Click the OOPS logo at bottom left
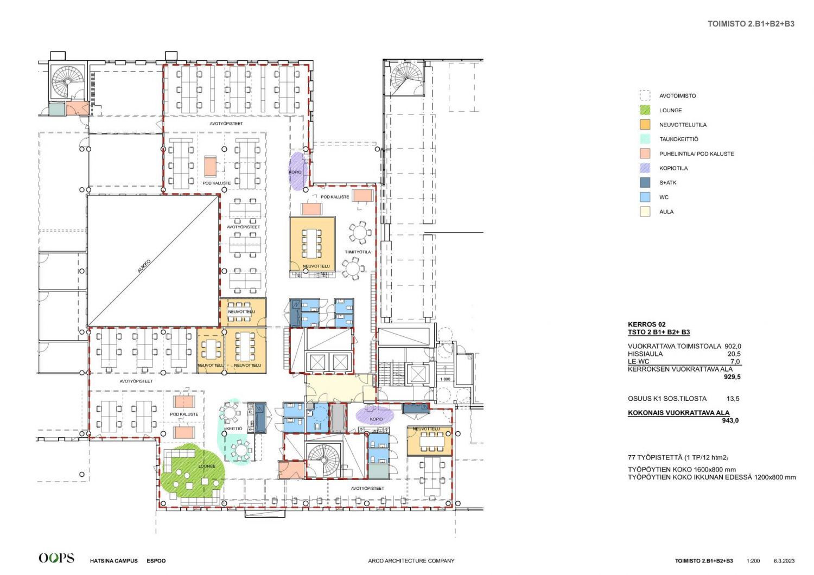(56, 558)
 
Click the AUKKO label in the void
(144, 266)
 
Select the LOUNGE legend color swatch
(645, 110)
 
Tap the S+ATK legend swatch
(645, 182)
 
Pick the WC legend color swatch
(645, 197)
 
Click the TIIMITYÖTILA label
(358, 252)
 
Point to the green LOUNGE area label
(207, 466)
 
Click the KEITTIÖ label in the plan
(234, 429)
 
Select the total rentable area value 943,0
(730, 420)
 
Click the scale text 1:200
(753, 561)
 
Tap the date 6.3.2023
(784, 561)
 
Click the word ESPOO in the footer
(156, 561)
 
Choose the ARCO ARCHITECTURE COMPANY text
(411, 561)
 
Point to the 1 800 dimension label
(445, 379)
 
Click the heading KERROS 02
(647, 324)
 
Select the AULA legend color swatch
(645, 212)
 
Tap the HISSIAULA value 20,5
(734, 354)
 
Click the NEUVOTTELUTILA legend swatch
(645, 125)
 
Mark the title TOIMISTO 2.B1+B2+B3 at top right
(751, 24)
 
